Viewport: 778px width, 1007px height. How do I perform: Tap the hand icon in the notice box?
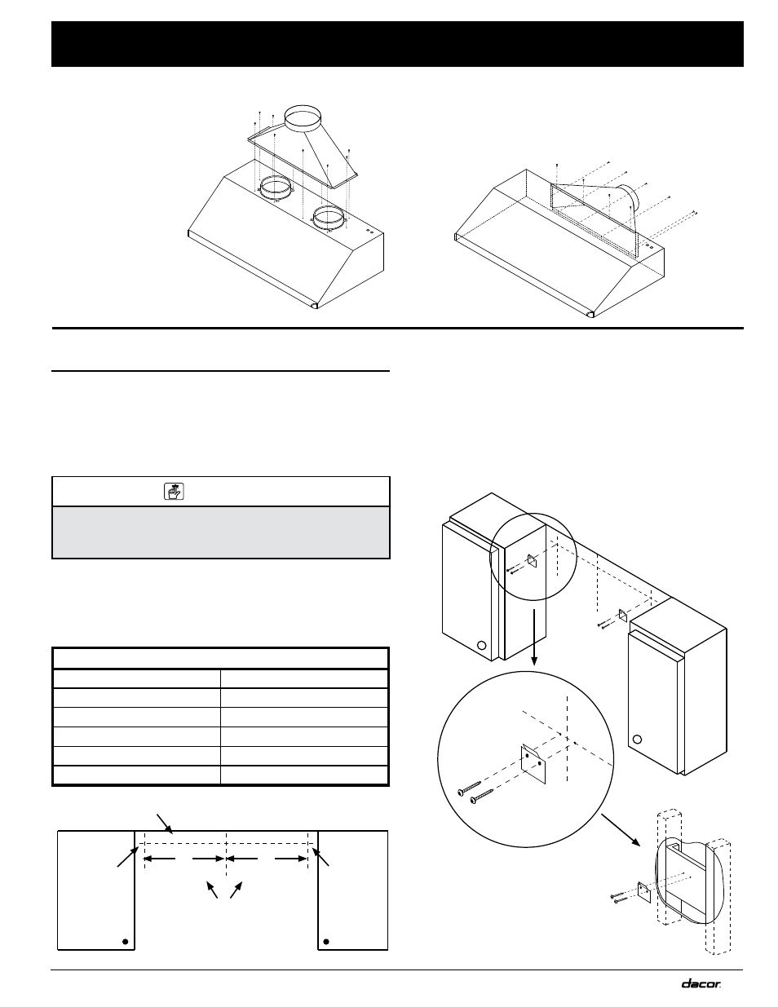pos(173,491)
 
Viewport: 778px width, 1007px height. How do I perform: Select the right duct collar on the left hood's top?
pos(328,218)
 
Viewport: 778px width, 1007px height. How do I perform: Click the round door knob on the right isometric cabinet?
pos(639,740)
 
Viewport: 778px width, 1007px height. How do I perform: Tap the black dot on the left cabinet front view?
pos(125,941)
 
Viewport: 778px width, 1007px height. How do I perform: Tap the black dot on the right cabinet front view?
pos(325,941)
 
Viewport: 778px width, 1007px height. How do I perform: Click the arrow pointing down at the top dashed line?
pos(166,822)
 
